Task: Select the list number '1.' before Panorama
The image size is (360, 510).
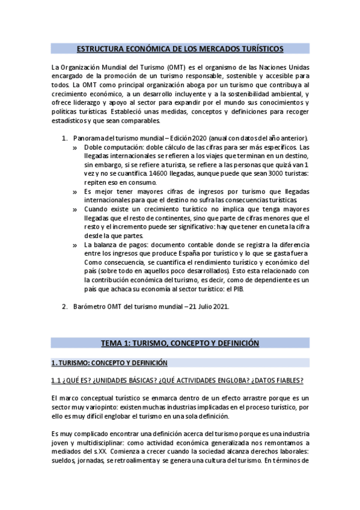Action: tap(66, 139)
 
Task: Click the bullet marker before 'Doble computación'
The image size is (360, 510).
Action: tap(75, 147)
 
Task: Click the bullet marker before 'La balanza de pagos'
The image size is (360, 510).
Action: tap(75, 245)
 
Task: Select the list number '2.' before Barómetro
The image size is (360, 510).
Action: tap(66, 307)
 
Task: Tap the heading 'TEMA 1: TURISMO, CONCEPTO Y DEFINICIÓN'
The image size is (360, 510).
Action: tap(180, 343)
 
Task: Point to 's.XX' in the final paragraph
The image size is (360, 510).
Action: tap(92, 452)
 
